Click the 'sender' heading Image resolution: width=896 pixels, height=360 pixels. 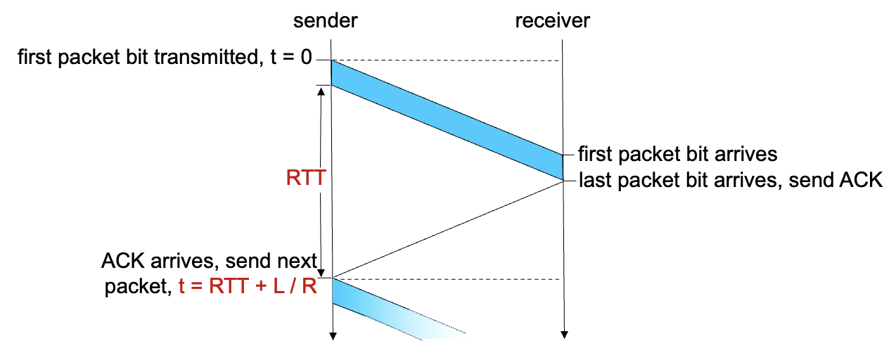[x=325, y=22]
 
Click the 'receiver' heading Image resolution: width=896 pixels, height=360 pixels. [x=552, y=22]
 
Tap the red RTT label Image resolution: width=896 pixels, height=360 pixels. [x=306, y=178]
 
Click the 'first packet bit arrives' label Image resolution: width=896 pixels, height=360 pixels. [x=677, y=153]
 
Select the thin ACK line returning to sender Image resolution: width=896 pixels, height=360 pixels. [x=447, y=229]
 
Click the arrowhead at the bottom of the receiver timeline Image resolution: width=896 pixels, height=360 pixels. [x=563, y=335]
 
